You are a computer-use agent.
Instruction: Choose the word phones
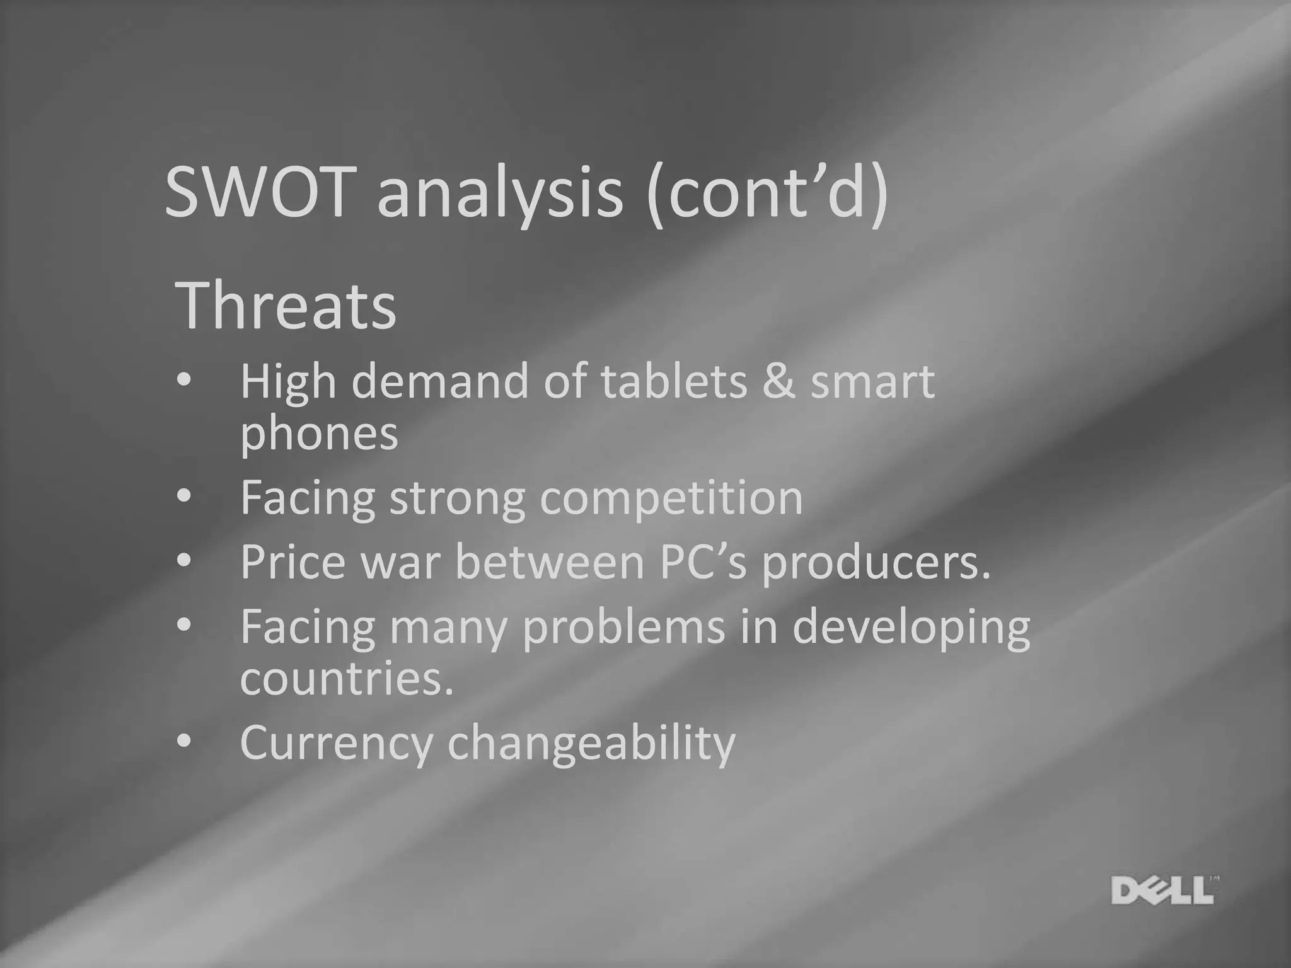[x=319, y=434]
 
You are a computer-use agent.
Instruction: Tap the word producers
[x=876, y=563]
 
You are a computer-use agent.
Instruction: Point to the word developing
[x=911, y=628]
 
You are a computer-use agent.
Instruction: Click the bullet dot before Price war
[x=183, y=560]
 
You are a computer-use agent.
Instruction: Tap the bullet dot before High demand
[x=183, y=381]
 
